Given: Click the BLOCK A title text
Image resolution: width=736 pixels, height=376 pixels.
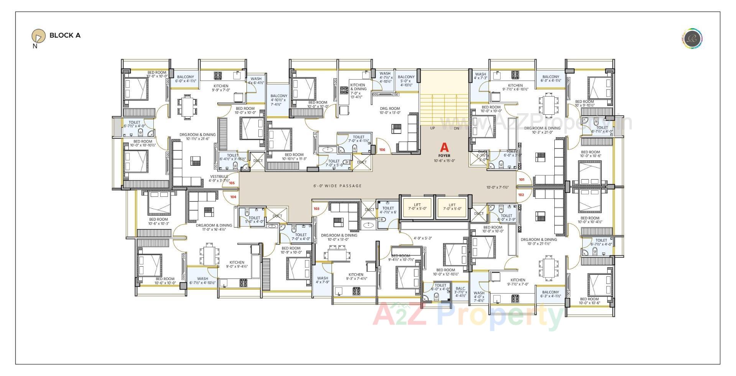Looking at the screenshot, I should pyautogui.click(x=65, y=35).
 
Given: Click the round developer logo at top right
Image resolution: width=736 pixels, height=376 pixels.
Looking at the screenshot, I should pyautogui.click(x=692, y=39).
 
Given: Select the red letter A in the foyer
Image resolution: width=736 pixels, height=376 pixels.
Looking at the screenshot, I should pyautogui.click(x=444, y=147).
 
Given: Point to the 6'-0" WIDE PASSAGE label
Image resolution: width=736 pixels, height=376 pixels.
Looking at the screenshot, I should pyautogui.click(x=337, y=186).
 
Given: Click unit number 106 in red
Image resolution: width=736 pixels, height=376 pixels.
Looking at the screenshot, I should pyautogui.click(x=382, y=150).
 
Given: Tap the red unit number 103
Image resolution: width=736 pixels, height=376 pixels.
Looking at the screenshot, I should pyautogui.click(x=316, y=209).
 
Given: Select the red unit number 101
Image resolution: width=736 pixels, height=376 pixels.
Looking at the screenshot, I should pyautogui.click(x=522, y=180).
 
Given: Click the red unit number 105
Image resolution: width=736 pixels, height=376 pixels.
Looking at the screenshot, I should pyautogui.click(x=232, y=183).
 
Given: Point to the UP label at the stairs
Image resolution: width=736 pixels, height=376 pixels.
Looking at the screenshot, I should pyautogui.click(x=432, y=129).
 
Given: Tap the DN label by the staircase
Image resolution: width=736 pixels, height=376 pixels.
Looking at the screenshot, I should pyautogui.click(x=456, y=129).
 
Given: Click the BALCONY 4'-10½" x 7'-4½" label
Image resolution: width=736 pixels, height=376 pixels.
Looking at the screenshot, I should pyautogui.click(x=279, y=100).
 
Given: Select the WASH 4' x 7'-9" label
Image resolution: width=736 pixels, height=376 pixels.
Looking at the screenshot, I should pyautogui.click(x=322, y=280).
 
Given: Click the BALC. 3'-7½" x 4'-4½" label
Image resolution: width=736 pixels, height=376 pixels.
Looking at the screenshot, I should pyautogui.click(x=460, y=292).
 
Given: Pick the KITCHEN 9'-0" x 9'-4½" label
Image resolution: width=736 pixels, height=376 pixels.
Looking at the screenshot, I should pyautogui.click(x=237, y=264).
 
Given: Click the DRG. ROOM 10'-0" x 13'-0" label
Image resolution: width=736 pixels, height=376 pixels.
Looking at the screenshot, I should pyautogui.click(x=390, y=110).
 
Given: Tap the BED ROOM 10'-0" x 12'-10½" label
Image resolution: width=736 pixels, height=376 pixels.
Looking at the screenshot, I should pyautogui.click(x=445, y=272).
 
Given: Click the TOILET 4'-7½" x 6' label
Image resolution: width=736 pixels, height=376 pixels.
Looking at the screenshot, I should pyautogui.click(x=388, y=210).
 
